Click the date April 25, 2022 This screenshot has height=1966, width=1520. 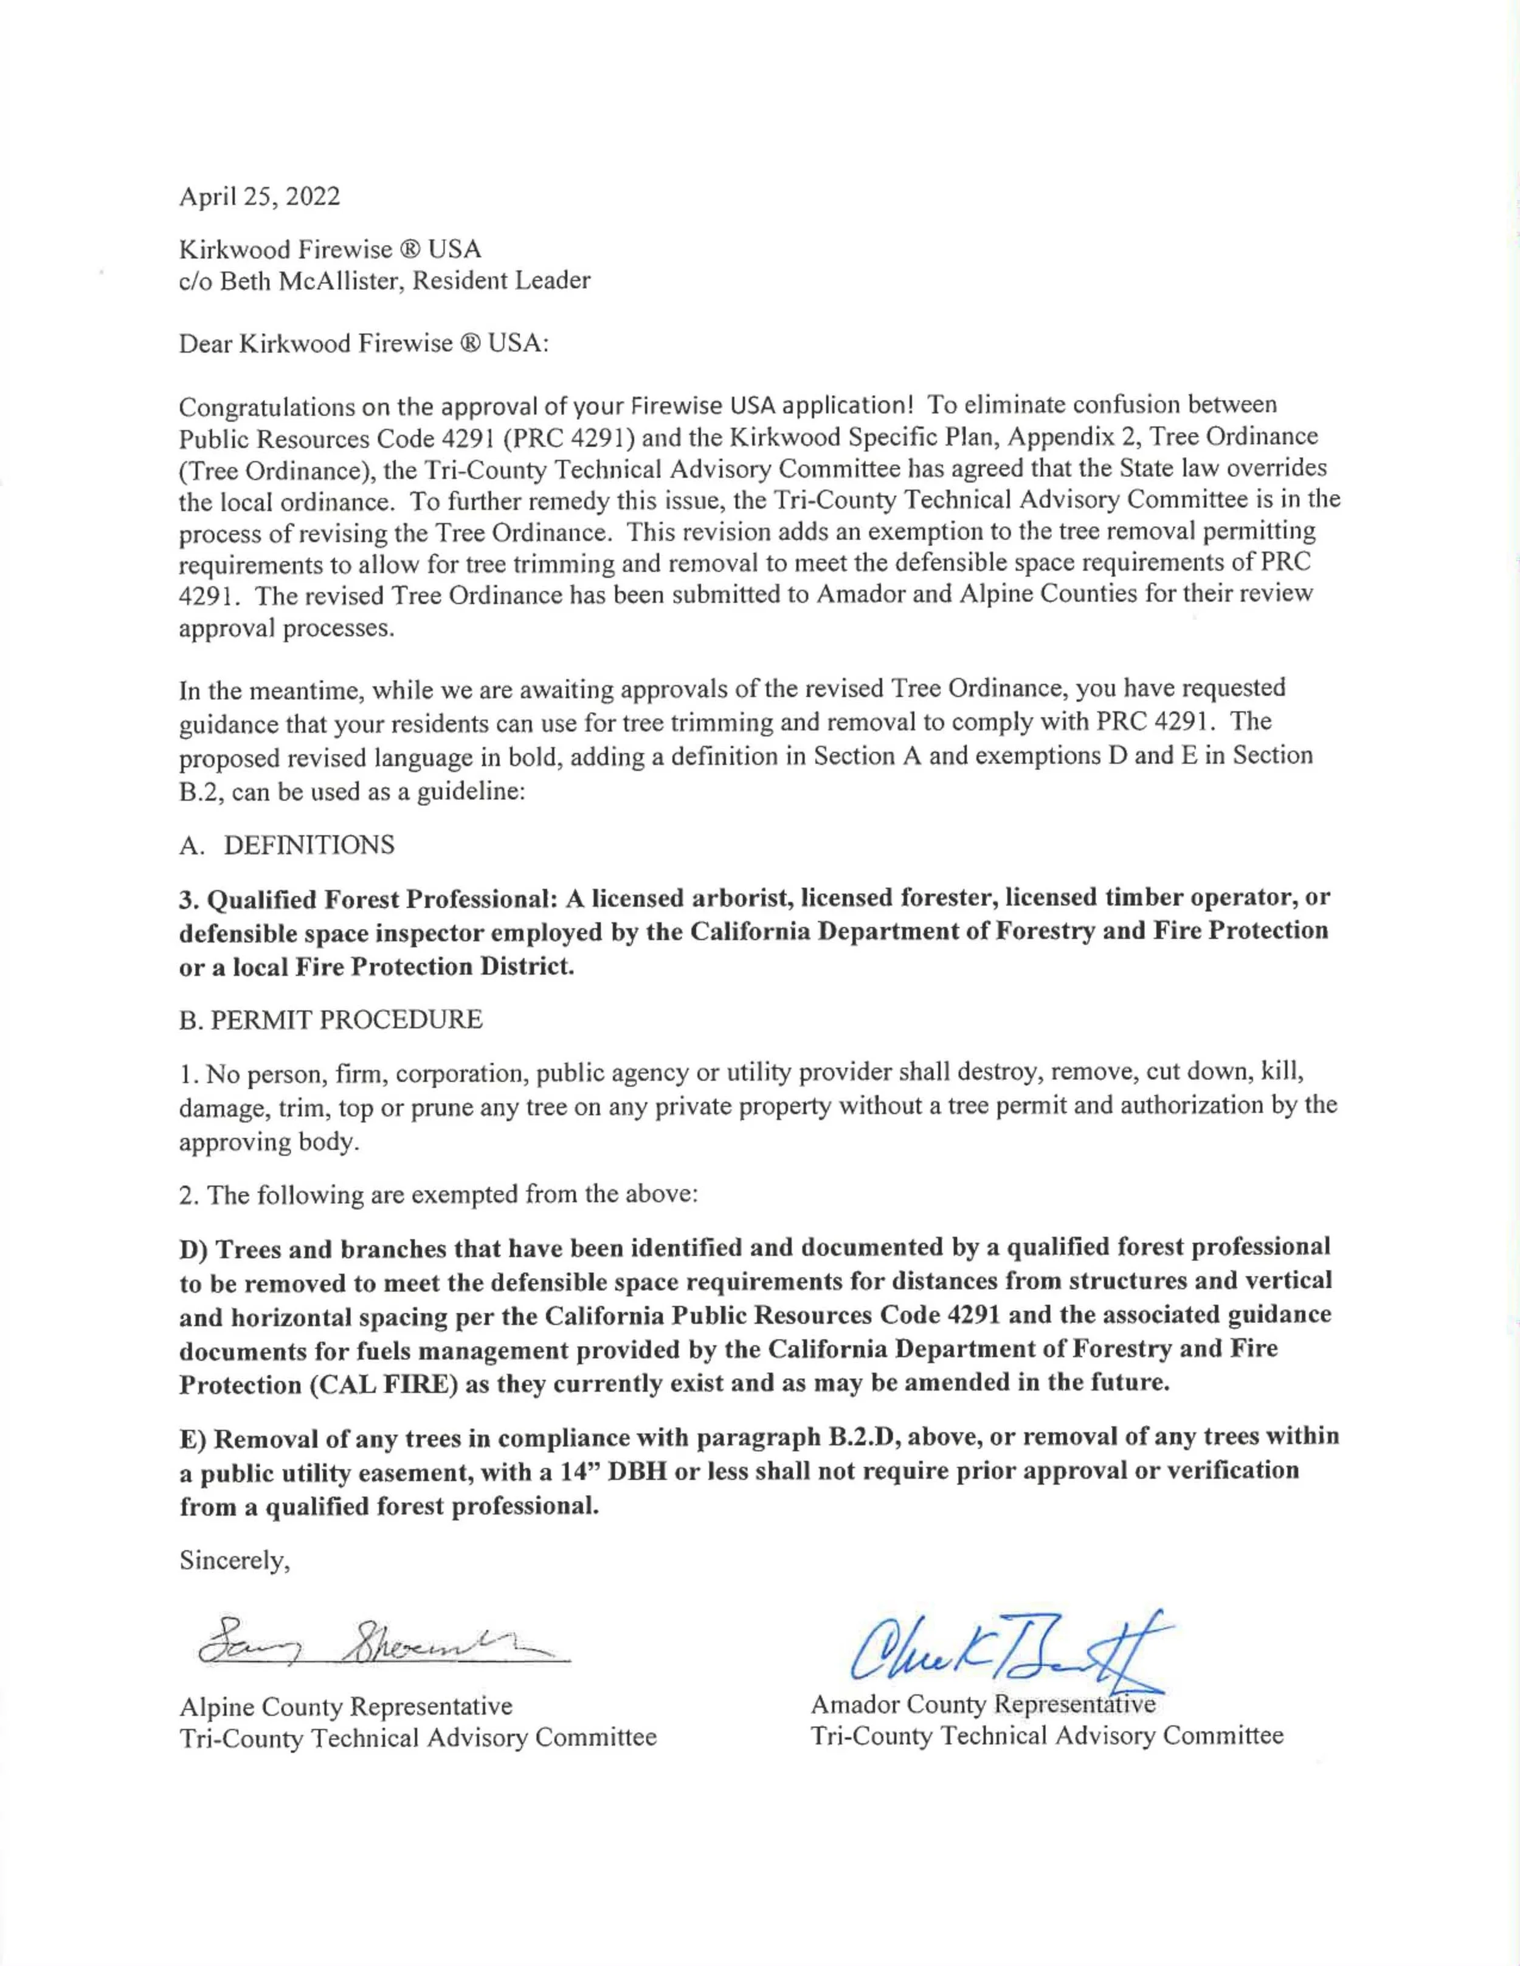(260, 196)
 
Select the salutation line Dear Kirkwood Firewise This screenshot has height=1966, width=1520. (363, 344)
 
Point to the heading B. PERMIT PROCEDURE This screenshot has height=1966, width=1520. (331, 1020)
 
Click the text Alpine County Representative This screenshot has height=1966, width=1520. (346, 1707)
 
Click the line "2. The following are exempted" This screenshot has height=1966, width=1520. (438, 1195)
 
